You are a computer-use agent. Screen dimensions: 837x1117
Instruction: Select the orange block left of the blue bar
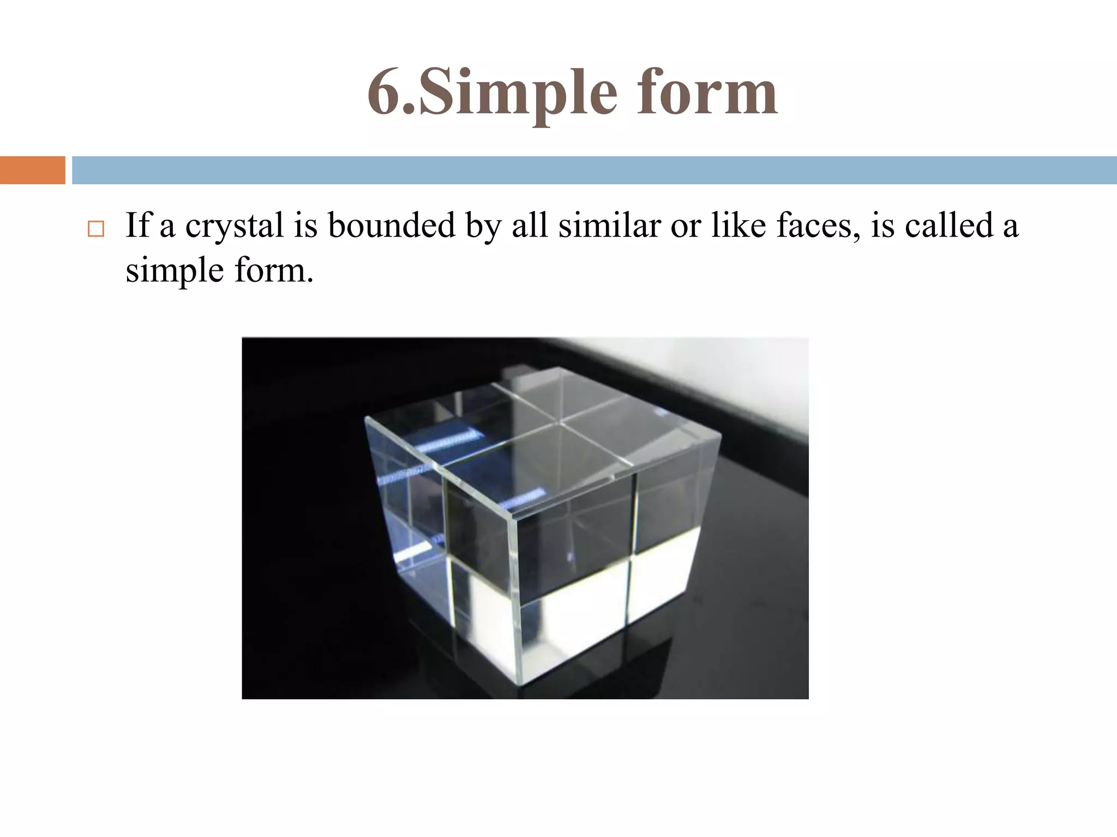click(x=32, y=170)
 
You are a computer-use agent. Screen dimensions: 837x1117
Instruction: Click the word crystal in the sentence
click(x=235, y=226)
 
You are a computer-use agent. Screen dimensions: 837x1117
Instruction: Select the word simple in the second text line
click(x=175, y=270)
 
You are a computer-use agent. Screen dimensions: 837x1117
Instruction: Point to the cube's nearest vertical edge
click(x=517, y=599)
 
